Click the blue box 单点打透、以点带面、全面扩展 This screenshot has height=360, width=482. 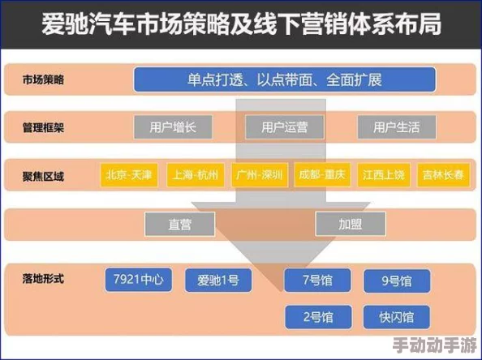tap(285, 79)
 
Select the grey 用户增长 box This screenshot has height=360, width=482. tap(172, 126)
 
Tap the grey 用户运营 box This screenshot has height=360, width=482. tap(284, 126)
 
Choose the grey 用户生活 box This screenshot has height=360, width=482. tap(396, 126)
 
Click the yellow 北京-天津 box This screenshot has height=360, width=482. tap(129, 174)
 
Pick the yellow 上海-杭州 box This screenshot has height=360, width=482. tap(195, 174)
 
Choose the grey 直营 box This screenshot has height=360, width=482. tap(179, 223)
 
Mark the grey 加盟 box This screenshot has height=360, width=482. tap(350, 223)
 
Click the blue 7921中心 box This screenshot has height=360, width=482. tap(140, 281)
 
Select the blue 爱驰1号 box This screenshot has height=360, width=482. tap(218, 281)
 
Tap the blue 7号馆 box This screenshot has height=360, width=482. tap(317, 281)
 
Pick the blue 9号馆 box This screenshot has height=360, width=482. tap(396, 281)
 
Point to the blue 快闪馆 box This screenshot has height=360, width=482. tap(396, 316)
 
